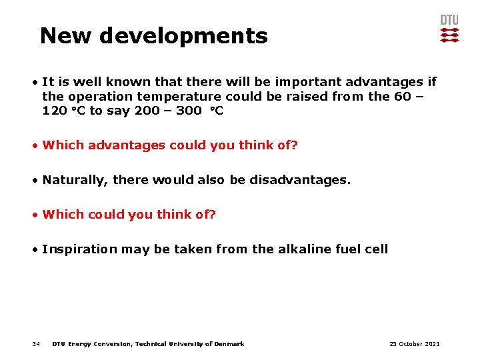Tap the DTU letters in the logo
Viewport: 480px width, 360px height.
449,20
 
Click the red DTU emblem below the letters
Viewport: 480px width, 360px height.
449,35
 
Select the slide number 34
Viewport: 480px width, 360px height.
36,344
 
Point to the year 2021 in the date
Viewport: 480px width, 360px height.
431,344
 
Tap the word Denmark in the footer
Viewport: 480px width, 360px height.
229,344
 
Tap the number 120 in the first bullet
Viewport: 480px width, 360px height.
54,111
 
